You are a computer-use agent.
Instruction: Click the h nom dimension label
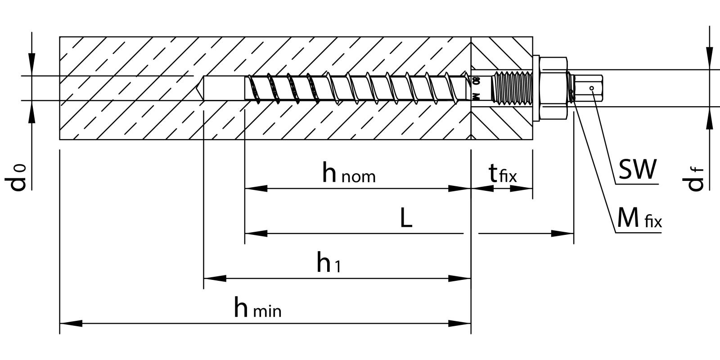coord(349,173)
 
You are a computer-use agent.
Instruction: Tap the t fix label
coord(503,174)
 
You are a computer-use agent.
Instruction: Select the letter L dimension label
coord(406,219)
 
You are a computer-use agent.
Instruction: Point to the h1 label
coord(328,264)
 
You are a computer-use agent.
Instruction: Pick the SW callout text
coord(638,170)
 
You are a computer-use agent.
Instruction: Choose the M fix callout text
coord(639,220)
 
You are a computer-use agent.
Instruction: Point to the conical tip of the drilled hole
coord(199,88)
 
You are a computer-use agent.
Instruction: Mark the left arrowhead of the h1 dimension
coord(215,279)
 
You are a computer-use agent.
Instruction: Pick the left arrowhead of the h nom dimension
coord(256,189)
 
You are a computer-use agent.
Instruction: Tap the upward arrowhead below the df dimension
coord(710,118)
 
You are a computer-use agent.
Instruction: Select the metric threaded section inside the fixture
coord(513,88)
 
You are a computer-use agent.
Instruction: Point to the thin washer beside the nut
coord(536,88)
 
